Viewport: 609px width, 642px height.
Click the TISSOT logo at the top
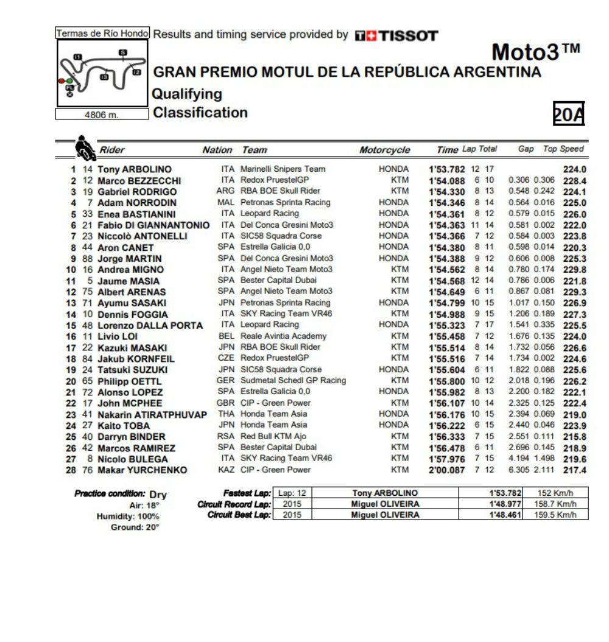click(x=396, y=35)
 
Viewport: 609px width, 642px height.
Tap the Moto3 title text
click(x=535, y=52)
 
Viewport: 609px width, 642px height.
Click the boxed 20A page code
click(x=568, y=114)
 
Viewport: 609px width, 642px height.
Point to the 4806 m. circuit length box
click(x=102, y=115)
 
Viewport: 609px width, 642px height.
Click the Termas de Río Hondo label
click(x=102, y=34)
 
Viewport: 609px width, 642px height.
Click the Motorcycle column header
click(x=384, y=150)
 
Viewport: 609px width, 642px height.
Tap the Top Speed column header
click(x=563, y=149)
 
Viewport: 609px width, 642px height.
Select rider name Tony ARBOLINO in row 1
click(x=135, y=169)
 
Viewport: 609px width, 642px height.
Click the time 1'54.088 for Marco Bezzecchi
click(x=447, y=181)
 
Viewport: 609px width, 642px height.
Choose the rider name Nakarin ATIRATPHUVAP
click(x=152, y=415)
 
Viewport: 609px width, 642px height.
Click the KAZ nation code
click(x=226, y=470)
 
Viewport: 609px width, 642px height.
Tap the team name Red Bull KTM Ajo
click(x=273, y=436)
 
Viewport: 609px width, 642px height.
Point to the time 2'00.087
click(x=447, y=470)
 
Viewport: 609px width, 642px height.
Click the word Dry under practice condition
click(x=158, y=495)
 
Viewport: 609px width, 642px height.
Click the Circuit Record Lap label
click(x=234, y=504)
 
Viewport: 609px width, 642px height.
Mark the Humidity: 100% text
click(x=128, y=517)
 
